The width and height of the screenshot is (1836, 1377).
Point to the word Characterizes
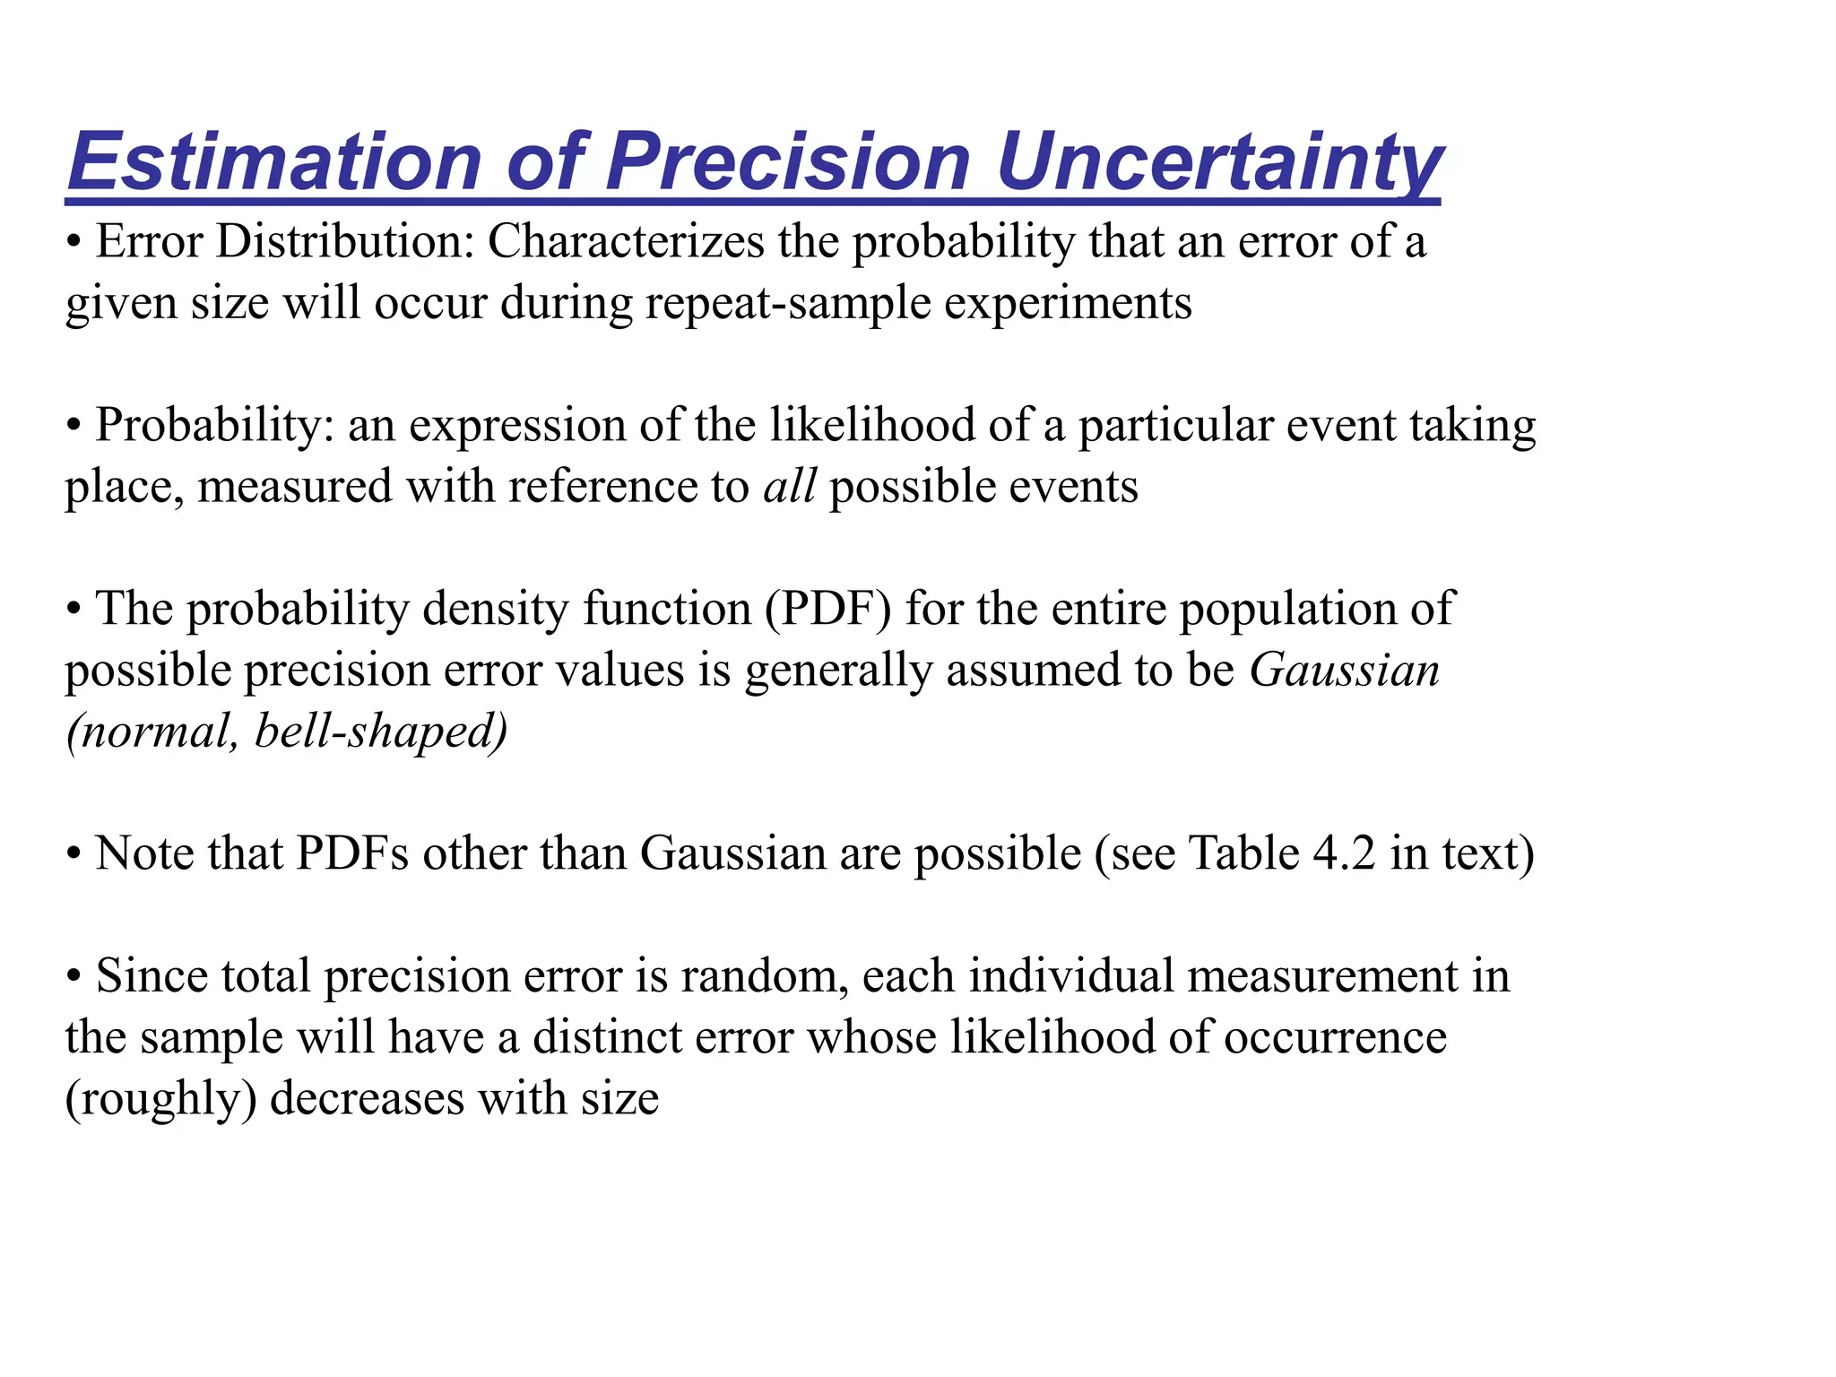(626, 242)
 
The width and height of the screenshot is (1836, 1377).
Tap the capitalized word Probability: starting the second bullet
(214, 426)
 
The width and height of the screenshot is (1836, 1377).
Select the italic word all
(789, 487)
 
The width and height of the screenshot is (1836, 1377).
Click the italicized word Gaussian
(1344, 671)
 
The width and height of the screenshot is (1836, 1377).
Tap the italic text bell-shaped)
(381, 732)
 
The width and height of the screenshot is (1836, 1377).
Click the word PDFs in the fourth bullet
(351, 853)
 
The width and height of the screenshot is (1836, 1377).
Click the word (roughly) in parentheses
(160, 1100)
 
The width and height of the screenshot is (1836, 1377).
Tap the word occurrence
(1335, 1037)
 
